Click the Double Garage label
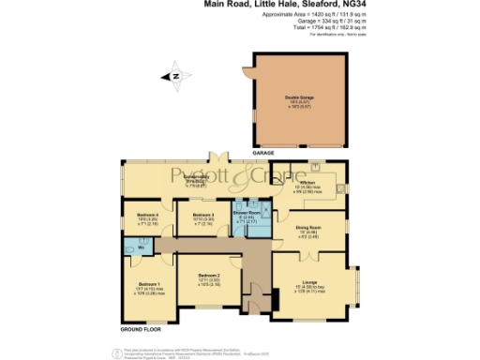298,97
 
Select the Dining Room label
309,226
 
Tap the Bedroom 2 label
208,276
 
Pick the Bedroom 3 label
204,216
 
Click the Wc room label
140,248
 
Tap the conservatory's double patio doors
219,156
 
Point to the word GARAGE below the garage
262,151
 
